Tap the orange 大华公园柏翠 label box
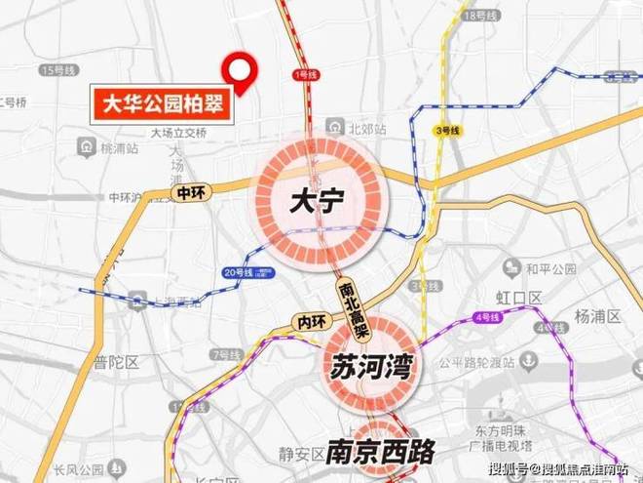click(x=162, y=102)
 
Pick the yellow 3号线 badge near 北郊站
click(x=447, y=130)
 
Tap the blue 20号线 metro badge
click(x=237, y=271)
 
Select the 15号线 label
click(x=51, y=71)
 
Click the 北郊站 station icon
click(x=334, y=127)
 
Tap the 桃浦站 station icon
click(x=85, y=146)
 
